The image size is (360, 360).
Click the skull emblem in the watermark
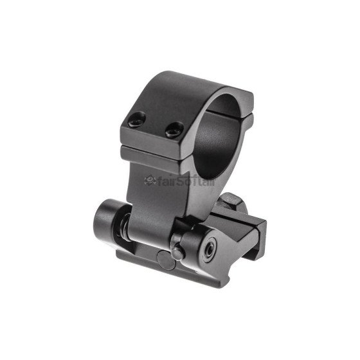[x=152, y=182]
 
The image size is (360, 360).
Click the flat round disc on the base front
[x=166, y=260]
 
